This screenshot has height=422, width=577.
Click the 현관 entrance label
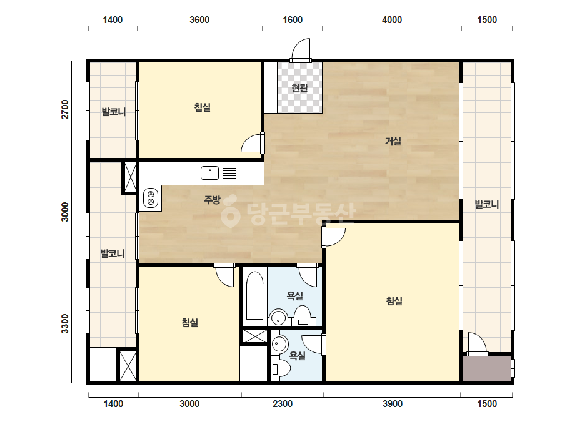coord(299,88)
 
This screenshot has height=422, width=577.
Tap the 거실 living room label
coord(393,141)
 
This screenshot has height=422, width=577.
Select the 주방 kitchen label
coord(212,200)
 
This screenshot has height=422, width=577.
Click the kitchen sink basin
coord(210,173)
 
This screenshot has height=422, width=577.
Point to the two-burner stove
coord(151,197)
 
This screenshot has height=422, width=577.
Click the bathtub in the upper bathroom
coord(254,296)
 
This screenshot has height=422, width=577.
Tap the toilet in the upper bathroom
coord(303,316)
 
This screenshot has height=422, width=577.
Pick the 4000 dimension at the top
coord(392,20)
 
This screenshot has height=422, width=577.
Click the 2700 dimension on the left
coord(65,109)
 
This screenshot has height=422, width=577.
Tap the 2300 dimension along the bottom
coord(283,404)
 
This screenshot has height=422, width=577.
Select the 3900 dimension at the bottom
coord(392,404)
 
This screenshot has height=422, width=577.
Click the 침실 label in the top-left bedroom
coord(203,107)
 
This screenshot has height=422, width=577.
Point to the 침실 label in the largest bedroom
coord(394,301)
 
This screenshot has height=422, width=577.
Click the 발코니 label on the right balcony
coord(487,204)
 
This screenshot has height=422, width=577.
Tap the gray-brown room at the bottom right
coord(486,368)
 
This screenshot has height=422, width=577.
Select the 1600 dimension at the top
coord(293,20)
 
